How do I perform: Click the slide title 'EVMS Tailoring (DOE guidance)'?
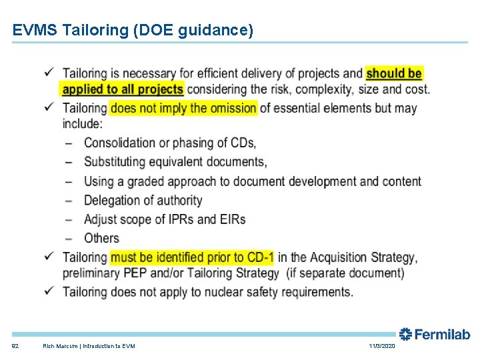pos(133,30)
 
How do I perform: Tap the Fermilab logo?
pos(434,334)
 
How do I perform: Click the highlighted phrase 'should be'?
pos(394,73)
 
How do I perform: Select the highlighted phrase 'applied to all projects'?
pos(123,89)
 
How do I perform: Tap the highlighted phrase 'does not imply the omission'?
pos(183,108)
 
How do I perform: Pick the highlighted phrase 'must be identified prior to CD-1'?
pos(192,257)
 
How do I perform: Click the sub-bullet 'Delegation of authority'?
pos(143,200)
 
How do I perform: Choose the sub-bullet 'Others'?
pos(101,238)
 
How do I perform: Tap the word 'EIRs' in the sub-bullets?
pos(233,219)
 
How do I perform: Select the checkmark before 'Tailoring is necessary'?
pos(51,72)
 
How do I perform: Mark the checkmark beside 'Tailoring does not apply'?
pos(51,291)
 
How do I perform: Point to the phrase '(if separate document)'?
pos(345,273)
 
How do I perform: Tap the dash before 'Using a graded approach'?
pos(70,181)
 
